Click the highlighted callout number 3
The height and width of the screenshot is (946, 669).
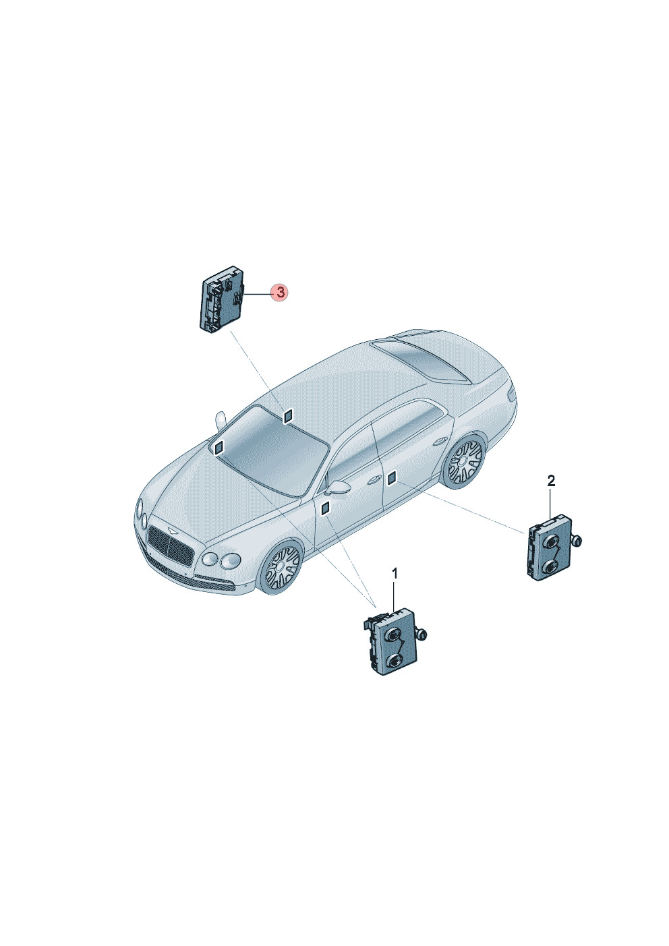(281, 292)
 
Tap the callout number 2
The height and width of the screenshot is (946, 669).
(551, 481)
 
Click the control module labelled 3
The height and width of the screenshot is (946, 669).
(222, 299)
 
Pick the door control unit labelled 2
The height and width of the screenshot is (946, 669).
(549, 548)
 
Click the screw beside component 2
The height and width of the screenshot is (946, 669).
(577, 541)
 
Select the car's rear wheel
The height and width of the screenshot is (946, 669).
(464, 461)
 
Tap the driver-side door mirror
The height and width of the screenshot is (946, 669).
(338, 487)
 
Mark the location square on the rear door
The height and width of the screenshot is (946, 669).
(392, 479)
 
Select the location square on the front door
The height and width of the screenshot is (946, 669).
(325, 508)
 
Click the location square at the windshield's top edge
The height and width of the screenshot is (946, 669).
(288, 415)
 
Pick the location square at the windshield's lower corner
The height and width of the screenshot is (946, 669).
(219, 447)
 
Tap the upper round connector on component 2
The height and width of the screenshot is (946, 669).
(551, 542)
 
